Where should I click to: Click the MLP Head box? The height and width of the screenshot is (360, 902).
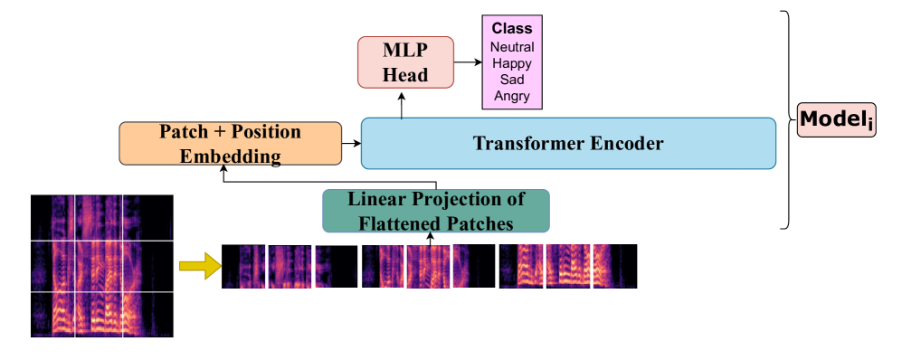tap(405, 62)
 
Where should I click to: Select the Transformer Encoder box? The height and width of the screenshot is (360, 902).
tap(568, 143)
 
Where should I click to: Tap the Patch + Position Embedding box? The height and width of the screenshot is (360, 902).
tap(230, 143)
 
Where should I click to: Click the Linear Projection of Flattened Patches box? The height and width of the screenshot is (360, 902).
tap(436, 211)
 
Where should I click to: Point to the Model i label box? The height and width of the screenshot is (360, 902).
tap(837, 119)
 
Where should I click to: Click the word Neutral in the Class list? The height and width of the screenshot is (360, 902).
tap(512, 46)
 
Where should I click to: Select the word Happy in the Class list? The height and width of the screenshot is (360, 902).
tap(512, 62)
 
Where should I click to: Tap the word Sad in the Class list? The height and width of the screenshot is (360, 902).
tap(512, 79)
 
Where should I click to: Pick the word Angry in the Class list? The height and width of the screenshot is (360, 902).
tap(512, 96)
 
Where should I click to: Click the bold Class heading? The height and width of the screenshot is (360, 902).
tap(512, 28)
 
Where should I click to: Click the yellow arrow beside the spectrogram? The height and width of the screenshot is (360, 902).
tap(200, 266)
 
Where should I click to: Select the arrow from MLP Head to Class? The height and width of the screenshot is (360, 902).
tap(468, 62)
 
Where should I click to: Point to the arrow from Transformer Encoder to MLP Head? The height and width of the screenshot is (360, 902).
tap(401, 103)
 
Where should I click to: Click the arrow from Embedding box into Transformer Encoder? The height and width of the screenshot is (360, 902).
tap(351, 143)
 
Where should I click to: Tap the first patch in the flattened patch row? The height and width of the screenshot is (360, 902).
tap(243, 266)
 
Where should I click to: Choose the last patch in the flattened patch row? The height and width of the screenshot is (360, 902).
tap(615, 266)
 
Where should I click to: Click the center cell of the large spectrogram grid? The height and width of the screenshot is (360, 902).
tap(99, 266)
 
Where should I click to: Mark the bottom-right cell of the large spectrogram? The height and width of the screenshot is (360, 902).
tap(147, 315)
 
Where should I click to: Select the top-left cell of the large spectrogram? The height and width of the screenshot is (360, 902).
tap(52, 217)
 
